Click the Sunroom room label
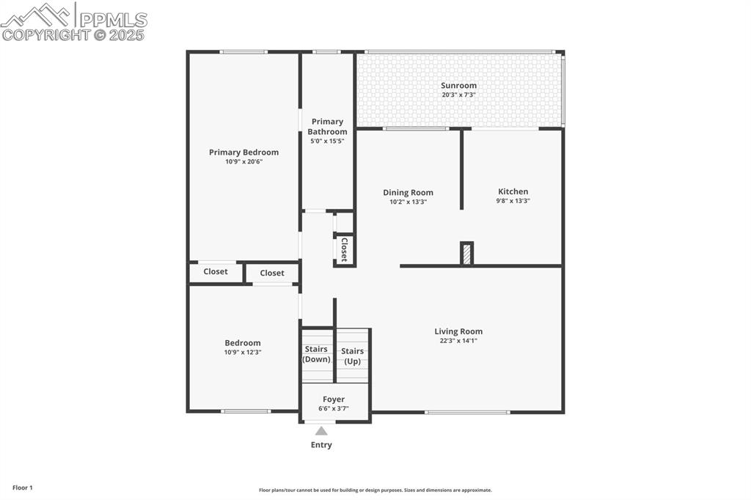pyautogui.click(x=458, y=86)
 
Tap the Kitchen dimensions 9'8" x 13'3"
pyautogui.click(x=513, y=201)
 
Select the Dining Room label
pyautogui.click(x=408, y=193)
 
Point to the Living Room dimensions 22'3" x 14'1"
pyautogui.click(x=458, y=341)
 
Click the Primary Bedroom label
pyautogui.click(x=243, y=152)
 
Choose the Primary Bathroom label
pyautogui.click(x=327, y=127)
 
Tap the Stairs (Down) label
pyautogui.click(x=317, y=354)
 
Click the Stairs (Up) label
pyautogui.click(x=352, y=356)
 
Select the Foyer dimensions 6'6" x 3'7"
pyautogui.click(x=334, y=409)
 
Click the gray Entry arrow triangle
pyautogui.click(x=321, y=431)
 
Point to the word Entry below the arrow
pyautogui.click(x=321, y=445)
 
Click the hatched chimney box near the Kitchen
pyautogui.click(x=466, y=254)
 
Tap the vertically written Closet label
pyautogui.click(x=343, y=250)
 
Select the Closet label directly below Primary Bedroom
pyautogui.click(x=216, y=271)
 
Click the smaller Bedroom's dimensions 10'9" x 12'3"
pyautogui.click(x=243, y=353)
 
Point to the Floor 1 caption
pyautogui.click(x=22, y=488)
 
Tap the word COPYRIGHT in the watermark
pyautogui.click(x=45, y=34)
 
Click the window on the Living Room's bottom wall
pyautogui.click(x=467, y=412)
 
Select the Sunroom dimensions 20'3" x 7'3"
pyautogui.click(x=458, y=95)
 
